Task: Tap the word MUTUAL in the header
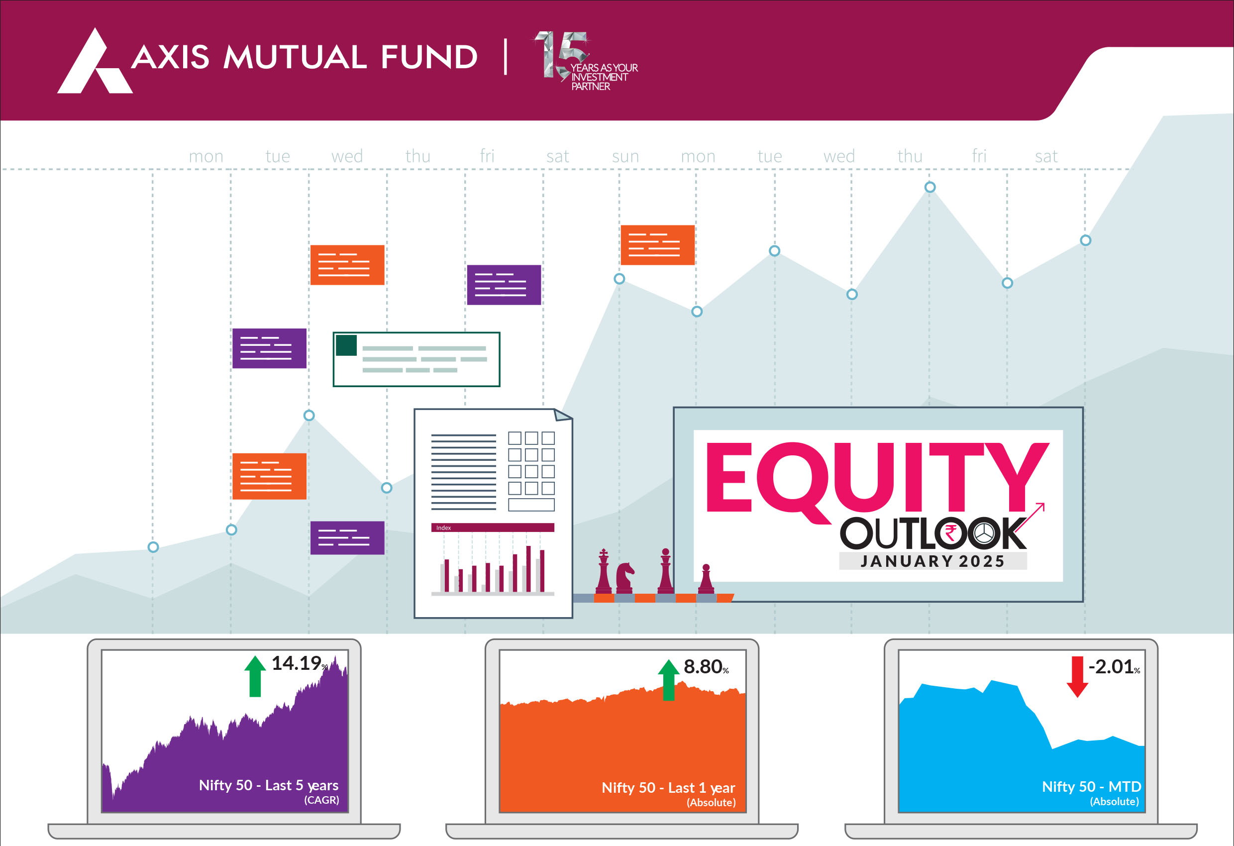click(x=295, y=57)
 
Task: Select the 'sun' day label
click(x=625, y=156)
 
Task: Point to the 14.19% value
click(x=300, y=663)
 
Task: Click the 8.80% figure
click(x=706, y=666)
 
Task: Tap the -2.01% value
click(x=1114, y=666)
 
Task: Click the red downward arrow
click(x=1077, y=677)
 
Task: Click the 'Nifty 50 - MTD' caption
click(x=1091, y=786)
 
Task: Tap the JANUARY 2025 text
click(x=932, y=561)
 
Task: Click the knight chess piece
click(x=624, y=578)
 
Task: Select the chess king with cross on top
click(x=604, y=571)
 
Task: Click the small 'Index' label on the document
click(x=443, y=528)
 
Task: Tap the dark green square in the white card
click(x=346, y=345)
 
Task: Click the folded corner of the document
click(x=563, y=415)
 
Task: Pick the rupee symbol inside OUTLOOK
click(x=950, y=532)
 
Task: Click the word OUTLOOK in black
click(x=933, y=533)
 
